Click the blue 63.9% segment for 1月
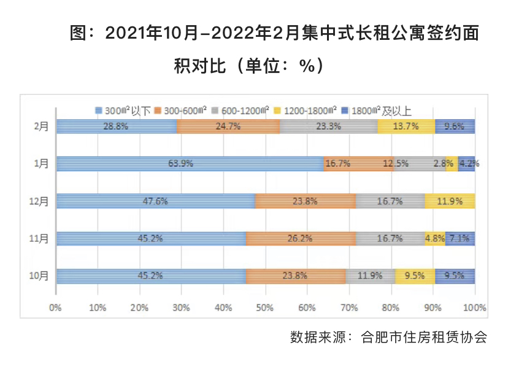tap(190, 164)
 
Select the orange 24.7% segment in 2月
tap(228, 126)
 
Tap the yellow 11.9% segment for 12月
tap(449, 201)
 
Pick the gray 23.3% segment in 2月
tap(328, 126)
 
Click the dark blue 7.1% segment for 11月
tap(460, 239)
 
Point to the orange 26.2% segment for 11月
tap(301, 239)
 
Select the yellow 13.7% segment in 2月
tap(406, 126)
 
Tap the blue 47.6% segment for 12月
tap(155, 201)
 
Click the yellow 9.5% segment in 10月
tap(415, 276)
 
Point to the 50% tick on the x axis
tap(265, 307)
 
